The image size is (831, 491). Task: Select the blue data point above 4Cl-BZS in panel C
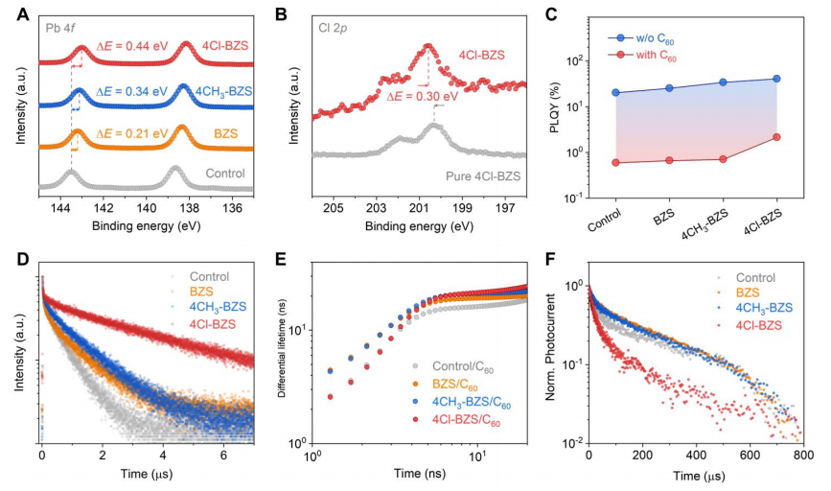pyautogui.click(x=777, y=79)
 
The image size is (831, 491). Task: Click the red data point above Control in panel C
pyautogui.click(x=614, y=162)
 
